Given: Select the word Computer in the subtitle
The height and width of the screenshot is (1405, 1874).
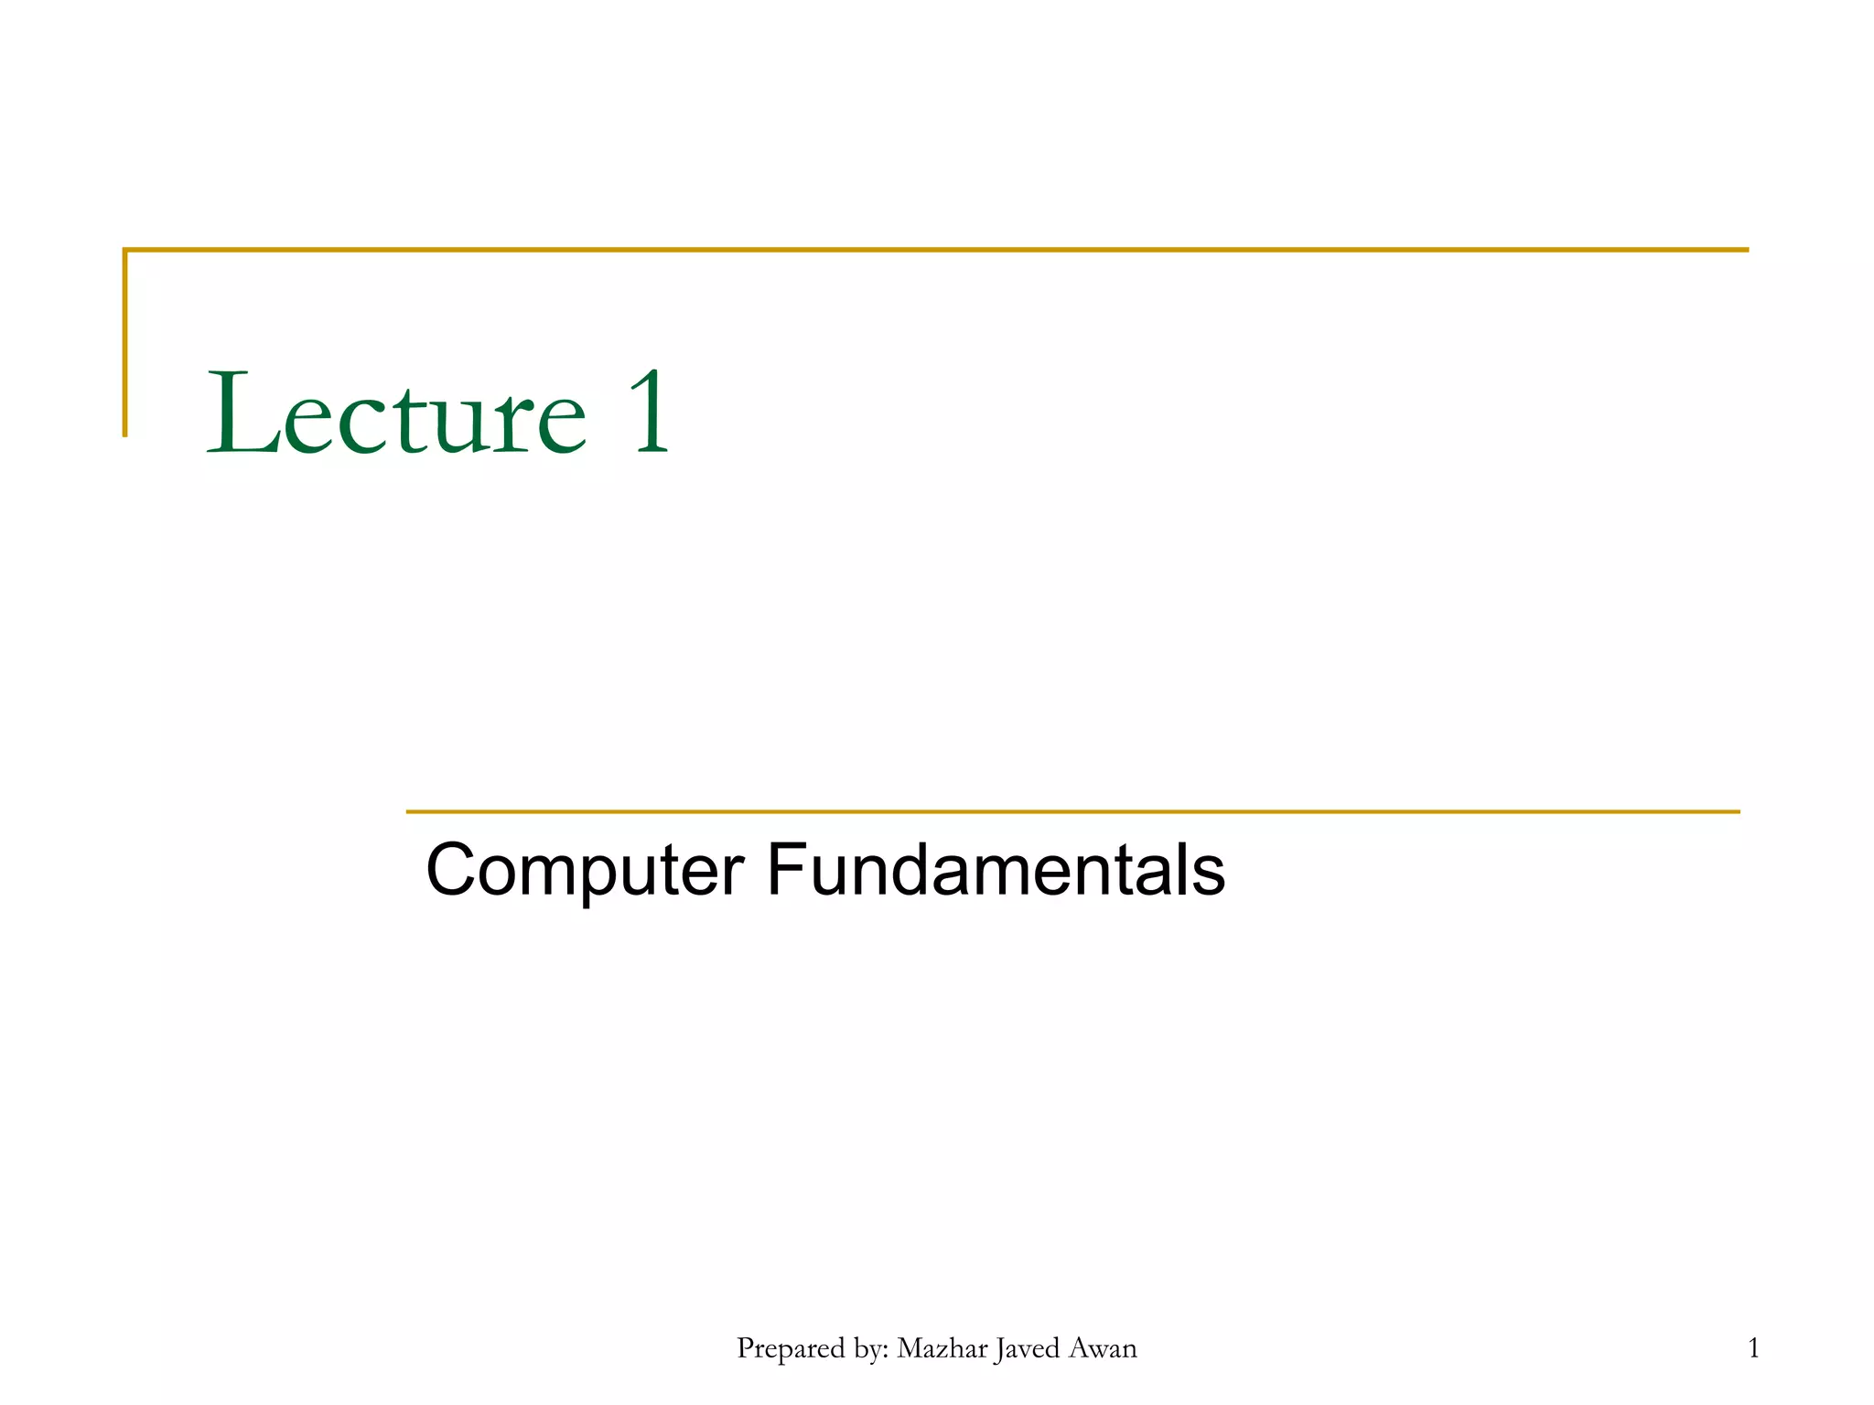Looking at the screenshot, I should click(x=585, y=871).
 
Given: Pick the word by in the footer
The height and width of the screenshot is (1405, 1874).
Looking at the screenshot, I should click(x=868, y=1351).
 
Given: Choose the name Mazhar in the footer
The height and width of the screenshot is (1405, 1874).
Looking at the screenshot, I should click(x=942, y=1349).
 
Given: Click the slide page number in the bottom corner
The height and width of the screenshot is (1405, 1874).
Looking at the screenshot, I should click(x=1753, y=1348).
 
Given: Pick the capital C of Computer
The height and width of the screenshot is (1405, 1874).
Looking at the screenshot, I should click(x=455, y=870).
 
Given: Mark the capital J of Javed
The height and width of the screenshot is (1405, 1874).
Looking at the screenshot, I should click(x=1001, y=1350).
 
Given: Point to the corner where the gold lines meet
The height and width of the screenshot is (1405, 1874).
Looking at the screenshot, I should click(x=125, y=250).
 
